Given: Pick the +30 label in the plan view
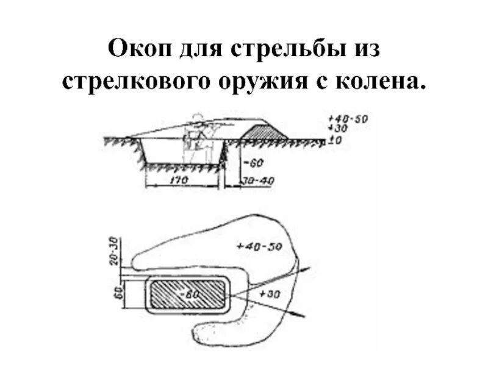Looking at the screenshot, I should (268, 294).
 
